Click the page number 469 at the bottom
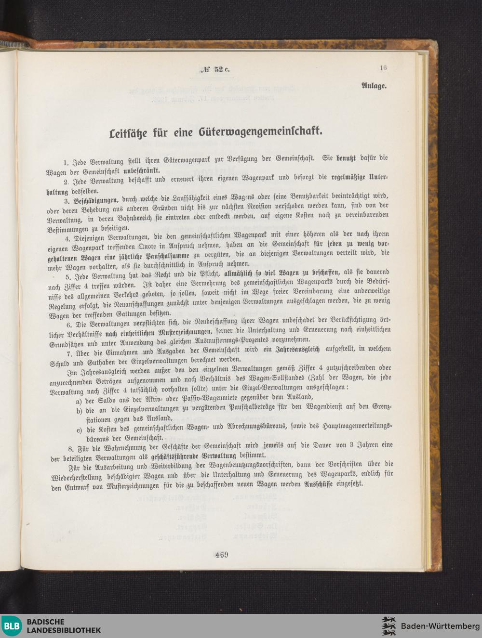[222, 554]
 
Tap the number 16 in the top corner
[383, 68]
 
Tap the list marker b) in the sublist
[79, 410]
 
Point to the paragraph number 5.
[69, 276]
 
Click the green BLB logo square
[12, 626]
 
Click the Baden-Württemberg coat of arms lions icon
[388, 626]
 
